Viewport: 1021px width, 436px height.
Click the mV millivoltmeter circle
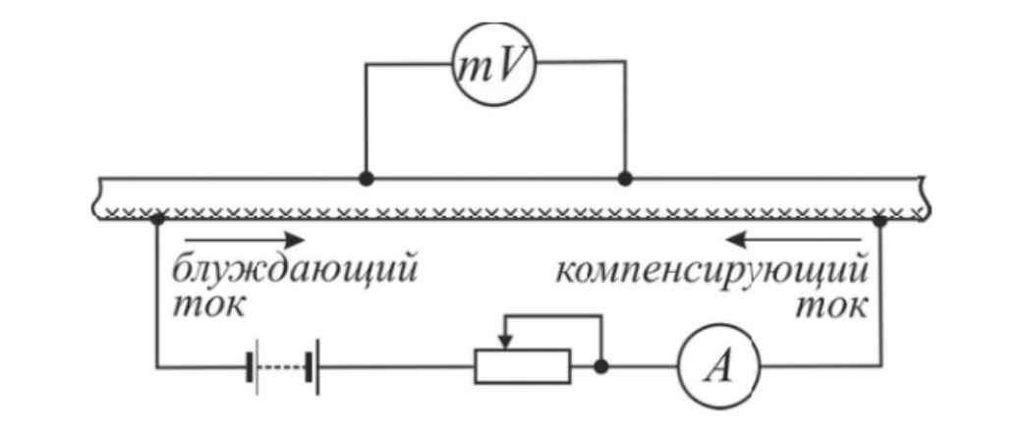pos(494,67)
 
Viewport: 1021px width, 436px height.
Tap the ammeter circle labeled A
pos(716,367)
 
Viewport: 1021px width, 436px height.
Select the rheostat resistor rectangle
pos(522,366)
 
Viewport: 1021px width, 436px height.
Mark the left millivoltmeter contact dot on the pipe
pos(366,180)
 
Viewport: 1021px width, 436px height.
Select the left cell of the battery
pos(253,367)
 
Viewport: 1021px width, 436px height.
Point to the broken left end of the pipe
pos(102,196)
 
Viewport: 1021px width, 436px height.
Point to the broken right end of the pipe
pos(925,196)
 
